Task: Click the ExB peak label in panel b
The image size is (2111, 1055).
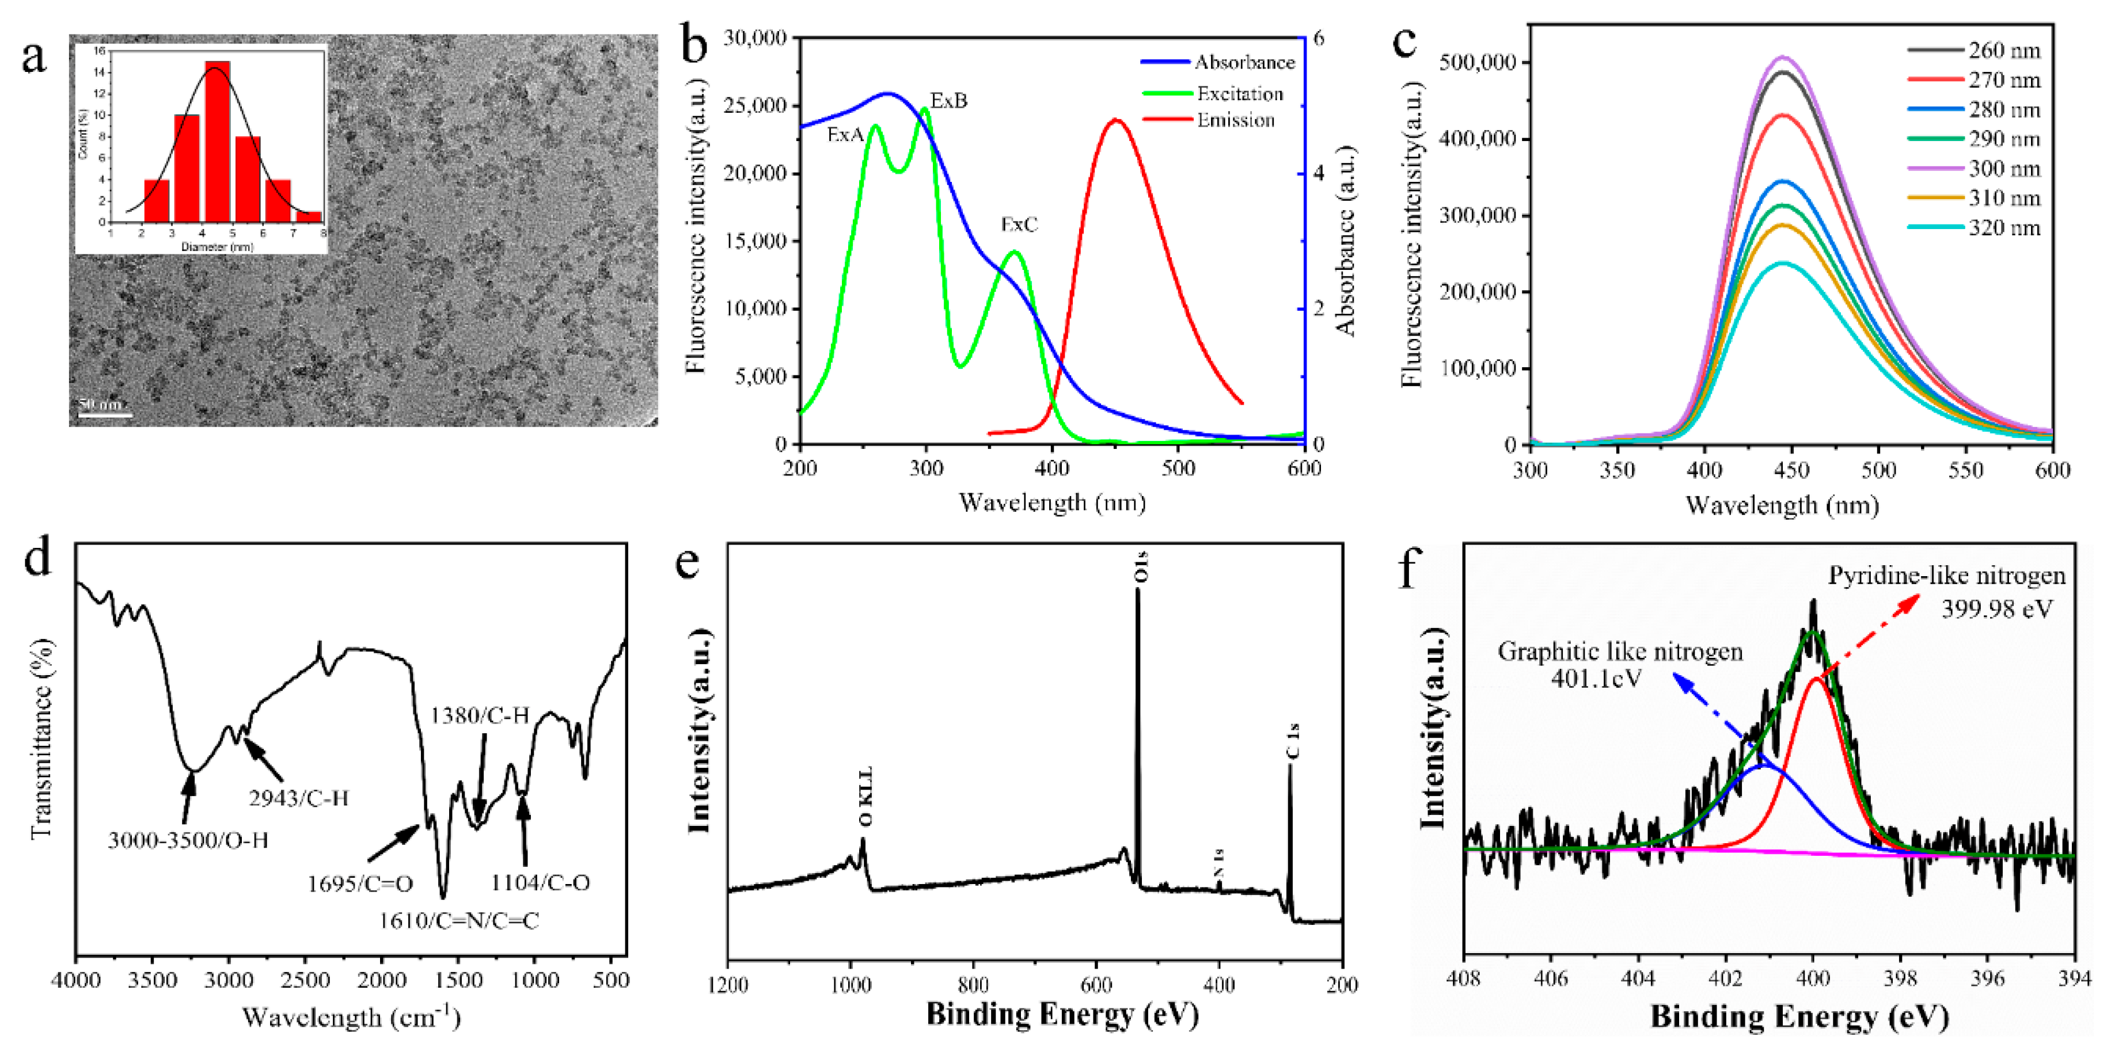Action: click(x=948, y=101)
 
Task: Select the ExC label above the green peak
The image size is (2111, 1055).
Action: click(x=1019, y=224)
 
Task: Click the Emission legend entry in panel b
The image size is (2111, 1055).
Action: click(x=1235, y=120)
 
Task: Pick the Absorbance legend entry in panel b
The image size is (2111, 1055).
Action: click(x=1244, y=62)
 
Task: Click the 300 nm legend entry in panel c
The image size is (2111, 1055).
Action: click(x=2004, y=169)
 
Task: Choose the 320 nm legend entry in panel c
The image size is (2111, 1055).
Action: click(x=2004, y=228)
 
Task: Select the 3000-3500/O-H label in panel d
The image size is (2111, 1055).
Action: click(x=188, y=840)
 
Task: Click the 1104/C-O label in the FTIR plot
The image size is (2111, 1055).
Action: click(x=540, y=883)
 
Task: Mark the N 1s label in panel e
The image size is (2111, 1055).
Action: click(x=1220, y=863)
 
